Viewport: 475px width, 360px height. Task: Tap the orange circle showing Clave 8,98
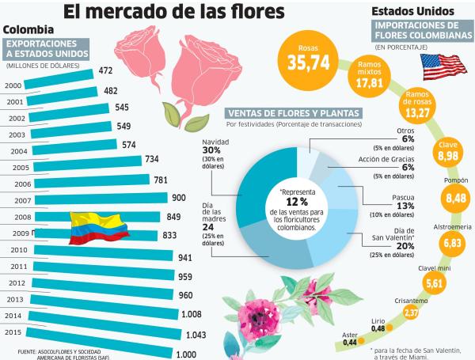pyautogui.click(x=448, y=150)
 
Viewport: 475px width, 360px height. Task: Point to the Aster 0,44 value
pyautogui.click(x=348, y=339)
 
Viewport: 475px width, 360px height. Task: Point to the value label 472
pyautogui.click(x=105, y=70)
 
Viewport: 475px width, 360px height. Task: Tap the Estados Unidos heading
pyautogui.click(x=412, y=11)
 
